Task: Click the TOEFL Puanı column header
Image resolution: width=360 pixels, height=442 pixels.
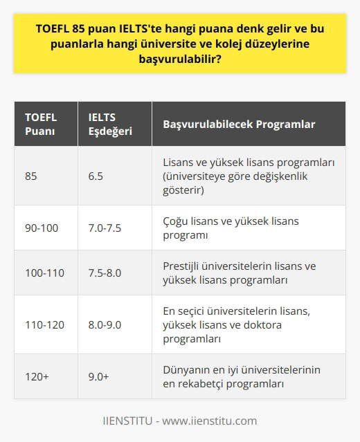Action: point(42,124)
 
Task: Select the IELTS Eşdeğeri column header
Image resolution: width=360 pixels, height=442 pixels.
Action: point(105,124)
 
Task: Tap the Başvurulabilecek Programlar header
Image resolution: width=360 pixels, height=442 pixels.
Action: point(239,125)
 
